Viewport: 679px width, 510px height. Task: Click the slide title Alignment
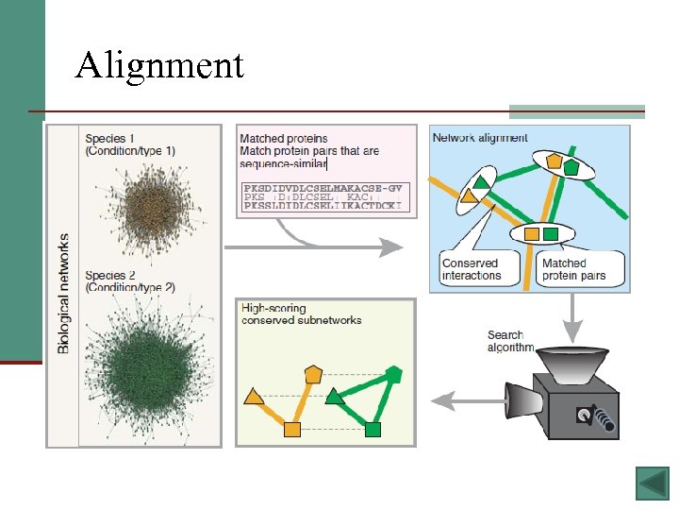pos(159,65)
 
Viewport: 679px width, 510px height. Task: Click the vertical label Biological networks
pos(64,293)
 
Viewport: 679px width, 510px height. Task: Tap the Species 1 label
pos(129,144)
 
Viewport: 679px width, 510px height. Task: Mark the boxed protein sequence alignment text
pos(323,196)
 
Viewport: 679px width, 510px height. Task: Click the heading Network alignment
pos(480,138)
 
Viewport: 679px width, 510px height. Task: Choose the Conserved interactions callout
pos(472,268)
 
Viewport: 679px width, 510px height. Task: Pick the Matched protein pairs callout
pos(573,268)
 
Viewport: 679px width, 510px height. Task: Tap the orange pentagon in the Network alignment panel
pos(555,162)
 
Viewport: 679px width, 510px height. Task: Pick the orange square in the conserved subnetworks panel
pos(292,431)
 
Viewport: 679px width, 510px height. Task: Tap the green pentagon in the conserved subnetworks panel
pos(394,375)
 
